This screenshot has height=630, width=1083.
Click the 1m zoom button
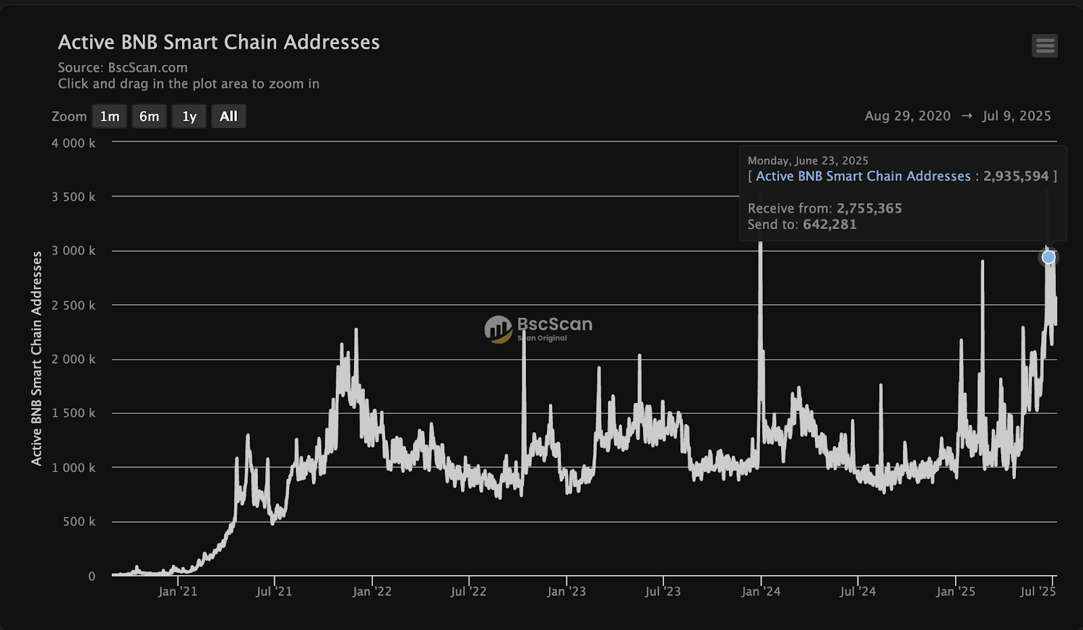[x=110, y=117]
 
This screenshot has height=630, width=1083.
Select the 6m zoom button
[x=149, y=117]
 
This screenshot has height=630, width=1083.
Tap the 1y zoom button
[x=189, y=117]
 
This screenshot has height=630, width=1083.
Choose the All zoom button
[x=229, y=117]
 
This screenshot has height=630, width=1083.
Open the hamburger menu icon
[x=1044, y=46]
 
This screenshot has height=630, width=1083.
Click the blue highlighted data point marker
[x=1048, y=257]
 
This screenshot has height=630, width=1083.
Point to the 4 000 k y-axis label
[x=73, y=143]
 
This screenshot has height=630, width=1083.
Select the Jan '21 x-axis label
[x=177, y=591]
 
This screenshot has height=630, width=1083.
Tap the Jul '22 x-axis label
[x=468, y=591]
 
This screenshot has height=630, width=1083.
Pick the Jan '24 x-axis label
[x=761, y=591]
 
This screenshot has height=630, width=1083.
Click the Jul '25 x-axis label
[x=1038, y=591]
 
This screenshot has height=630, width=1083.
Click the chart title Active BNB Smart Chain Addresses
[x=219, y=42]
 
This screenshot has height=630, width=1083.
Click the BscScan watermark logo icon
[x=498, y=329]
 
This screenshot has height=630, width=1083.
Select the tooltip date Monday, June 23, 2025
[x=808, y=161]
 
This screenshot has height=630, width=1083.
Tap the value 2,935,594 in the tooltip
[x=1016, y=176]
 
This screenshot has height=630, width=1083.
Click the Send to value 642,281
[x=829, y=224]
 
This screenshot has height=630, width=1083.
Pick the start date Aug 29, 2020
[x=907, y=116]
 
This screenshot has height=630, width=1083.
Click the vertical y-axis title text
[x=37, y=358]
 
